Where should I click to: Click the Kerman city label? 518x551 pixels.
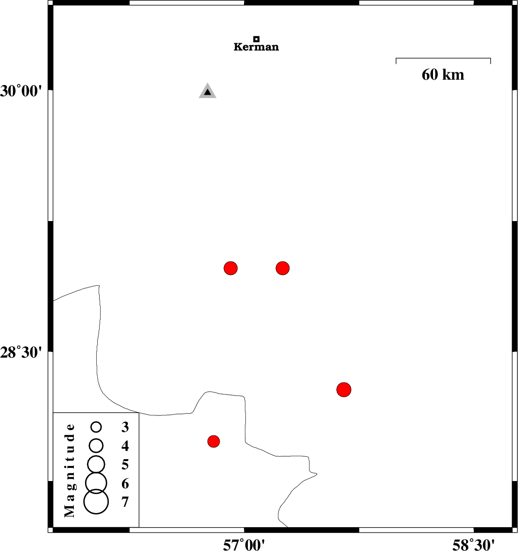[256, 47]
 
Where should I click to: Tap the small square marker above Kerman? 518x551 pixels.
[257, 39]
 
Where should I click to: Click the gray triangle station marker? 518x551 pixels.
[207, 91]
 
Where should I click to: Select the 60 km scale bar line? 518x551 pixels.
[443, 58]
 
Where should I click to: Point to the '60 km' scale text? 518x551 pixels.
[443, 74]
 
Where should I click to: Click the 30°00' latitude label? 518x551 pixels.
[21, 91]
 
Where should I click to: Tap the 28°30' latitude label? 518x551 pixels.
[21, 352]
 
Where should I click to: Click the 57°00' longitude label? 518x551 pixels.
[244, 545]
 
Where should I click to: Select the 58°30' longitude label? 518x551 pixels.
[473, 545]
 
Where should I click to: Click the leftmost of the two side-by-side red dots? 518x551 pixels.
[230, 268]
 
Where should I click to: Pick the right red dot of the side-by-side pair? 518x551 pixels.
[282, 268]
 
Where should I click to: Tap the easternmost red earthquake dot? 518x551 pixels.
[344, 389]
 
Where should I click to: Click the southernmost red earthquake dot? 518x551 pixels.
[214, 441]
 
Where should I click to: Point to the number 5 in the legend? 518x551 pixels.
[125, 465]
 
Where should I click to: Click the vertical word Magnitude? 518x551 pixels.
[70, 470]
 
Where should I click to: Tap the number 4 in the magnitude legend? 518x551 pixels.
[125, 446]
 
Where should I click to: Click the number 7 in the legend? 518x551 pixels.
[125, 502]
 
